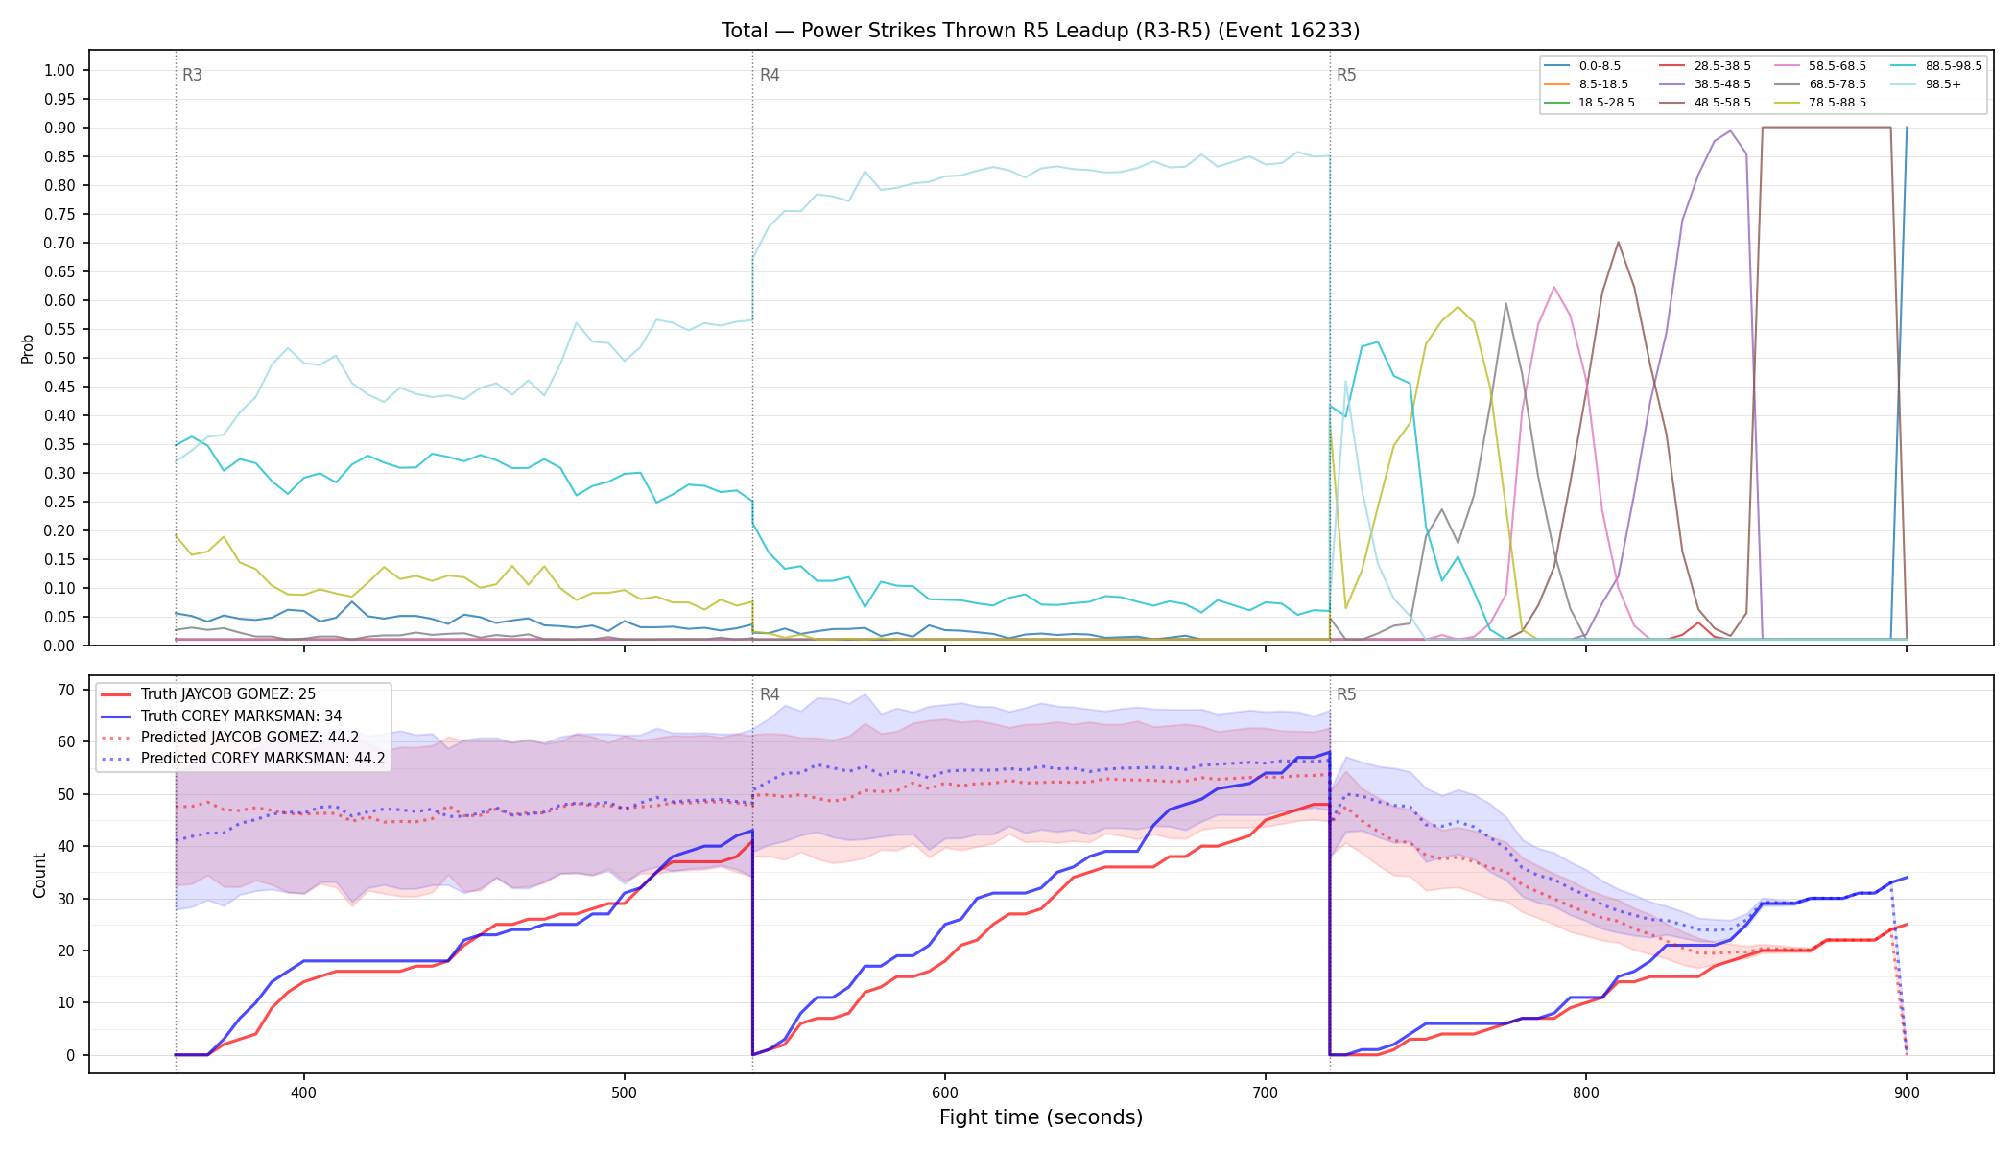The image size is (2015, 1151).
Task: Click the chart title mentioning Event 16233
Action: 1040,31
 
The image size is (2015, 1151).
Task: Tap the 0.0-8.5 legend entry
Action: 1582,66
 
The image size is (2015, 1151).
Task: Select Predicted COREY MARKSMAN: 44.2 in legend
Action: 243,759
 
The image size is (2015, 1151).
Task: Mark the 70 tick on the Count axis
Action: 66,690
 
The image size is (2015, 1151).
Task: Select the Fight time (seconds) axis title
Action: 1041,1117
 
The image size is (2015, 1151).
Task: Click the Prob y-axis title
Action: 28,348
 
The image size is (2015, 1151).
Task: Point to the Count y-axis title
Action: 39,875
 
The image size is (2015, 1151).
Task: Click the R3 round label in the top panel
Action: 192,75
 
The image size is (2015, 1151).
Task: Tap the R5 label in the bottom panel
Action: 1346,694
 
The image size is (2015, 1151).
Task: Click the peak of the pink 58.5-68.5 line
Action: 1554,287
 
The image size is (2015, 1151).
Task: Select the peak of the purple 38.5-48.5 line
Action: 1730,131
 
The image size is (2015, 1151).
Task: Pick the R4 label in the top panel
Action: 770,75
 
